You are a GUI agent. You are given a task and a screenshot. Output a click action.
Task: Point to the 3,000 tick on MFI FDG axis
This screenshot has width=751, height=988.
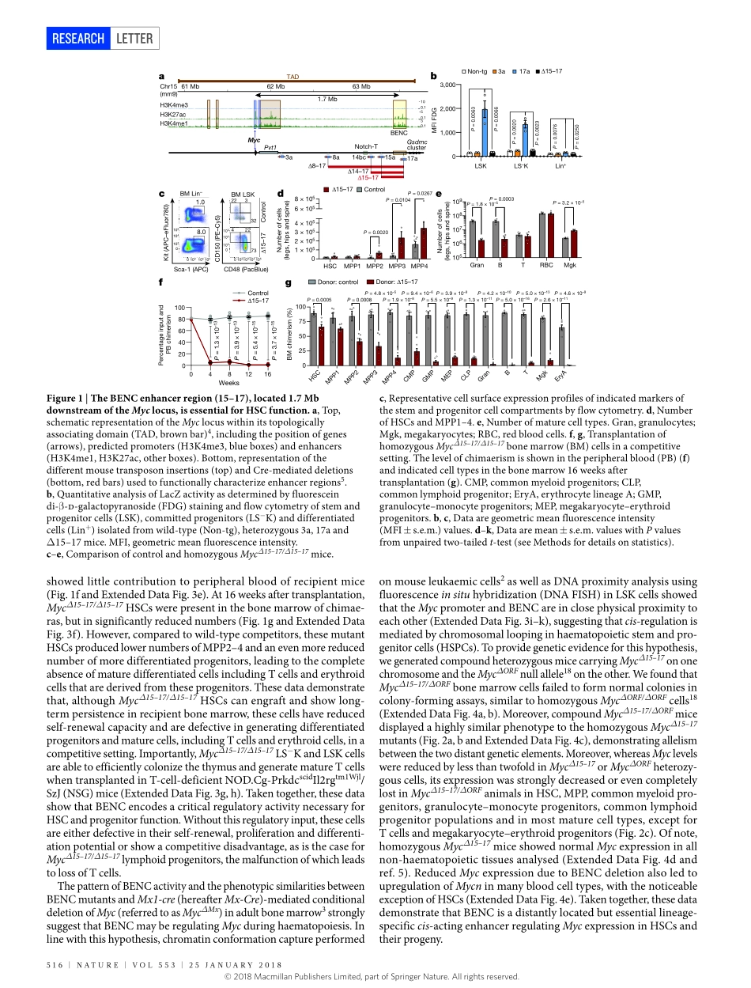tap(447, 85)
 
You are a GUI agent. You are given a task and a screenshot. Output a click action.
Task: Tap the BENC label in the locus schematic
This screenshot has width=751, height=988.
tap(399, 133)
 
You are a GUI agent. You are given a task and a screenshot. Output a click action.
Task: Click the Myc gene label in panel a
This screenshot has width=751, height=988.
tap(254, 139)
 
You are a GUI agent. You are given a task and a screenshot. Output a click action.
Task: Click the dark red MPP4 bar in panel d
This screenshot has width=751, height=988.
tap(423, 243)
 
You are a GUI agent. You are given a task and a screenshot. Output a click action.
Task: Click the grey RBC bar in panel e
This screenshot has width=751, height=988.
tap(542, 236)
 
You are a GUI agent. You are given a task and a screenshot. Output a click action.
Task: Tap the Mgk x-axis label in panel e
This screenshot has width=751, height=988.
tap(570, 266)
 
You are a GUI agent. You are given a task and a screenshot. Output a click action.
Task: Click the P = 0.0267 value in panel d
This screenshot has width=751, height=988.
tap(419, 193)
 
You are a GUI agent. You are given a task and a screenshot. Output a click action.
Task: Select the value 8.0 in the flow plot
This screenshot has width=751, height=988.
tap(201, 232)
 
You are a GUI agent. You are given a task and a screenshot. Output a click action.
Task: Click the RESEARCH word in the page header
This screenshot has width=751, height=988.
tap(77, 38)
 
